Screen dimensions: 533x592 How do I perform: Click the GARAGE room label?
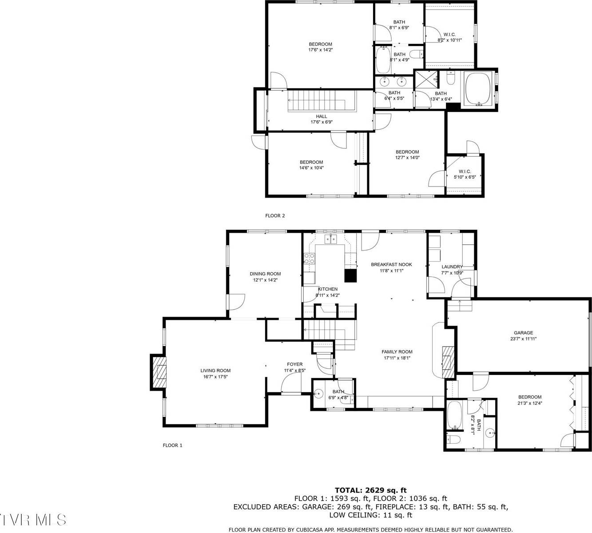tap(523, 333)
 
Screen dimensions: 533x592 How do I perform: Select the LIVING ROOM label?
tap(215, 370)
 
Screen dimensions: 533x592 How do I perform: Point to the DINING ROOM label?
tap(265, 274)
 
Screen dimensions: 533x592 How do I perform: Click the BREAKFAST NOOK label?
tap(391, 264)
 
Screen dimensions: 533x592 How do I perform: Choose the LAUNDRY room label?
tap(452, 267)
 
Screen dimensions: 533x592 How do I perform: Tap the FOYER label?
tap(294, 364)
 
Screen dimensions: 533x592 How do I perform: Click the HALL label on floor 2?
tap(322, 116)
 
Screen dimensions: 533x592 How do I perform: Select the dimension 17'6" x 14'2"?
tap(321, 50)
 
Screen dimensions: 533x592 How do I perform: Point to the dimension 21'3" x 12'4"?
tap(530, 403)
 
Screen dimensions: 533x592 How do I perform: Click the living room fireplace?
tap(159, 372)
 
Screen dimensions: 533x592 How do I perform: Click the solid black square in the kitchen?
tap(351, 276)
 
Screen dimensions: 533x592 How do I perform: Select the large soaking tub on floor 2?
tap(478, 88)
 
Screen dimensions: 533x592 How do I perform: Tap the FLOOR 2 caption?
tap(275, 216)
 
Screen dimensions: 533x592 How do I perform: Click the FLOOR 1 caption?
tap(172, 445)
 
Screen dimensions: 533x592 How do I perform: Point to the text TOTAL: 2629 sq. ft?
tap(370, 490)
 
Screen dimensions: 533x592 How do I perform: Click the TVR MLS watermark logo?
tap(33, 520)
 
